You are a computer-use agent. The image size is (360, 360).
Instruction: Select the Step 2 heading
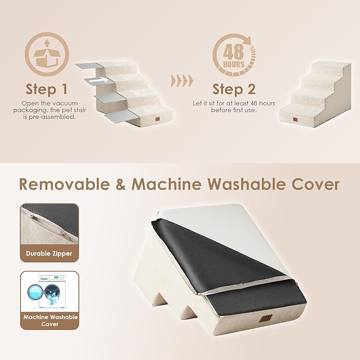(x=234, y=88)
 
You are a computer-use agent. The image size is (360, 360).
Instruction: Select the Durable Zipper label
(x=49, y=253)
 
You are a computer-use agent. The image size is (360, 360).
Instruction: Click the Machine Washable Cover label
(x=49, y=320)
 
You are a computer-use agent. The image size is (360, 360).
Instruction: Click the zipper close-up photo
(x=49, y=224)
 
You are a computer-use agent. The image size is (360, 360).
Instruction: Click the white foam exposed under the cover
(x=249, y=233)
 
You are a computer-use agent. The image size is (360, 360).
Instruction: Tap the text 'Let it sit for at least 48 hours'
(x=234, y=103)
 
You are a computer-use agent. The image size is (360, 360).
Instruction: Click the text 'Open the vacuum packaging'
(x=49, y=103)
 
